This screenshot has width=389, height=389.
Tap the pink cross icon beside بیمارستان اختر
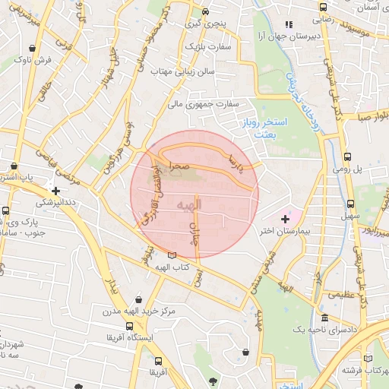pyautogui.click(x=285, y=219)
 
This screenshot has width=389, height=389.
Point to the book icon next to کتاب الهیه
pyautogui.click(x=173, y=256)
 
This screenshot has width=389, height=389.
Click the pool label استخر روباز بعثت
pyautogui.click(x=286, y=127)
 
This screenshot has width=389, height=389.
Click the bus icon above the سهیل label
pyautogui.click(x=350, y=204)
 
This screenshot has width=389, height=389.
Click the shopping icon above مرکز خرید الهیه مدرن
pyautogui.click(x=138, y=300)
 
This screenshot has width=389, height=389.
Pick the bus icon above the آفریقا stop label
pyautogui.click(x=157, y=362)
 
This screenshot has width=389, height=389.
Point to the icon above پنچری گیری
pyautogui.click(x=205, y=12)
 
